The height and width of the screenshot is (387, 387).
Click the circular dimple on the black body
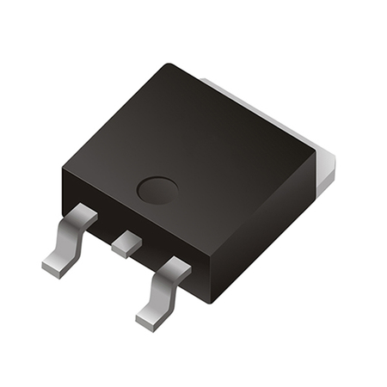pyautogui.click(x=158, y=189)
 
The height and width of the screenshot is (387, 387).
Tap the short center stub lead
pyautogui.click(x=126, y=243)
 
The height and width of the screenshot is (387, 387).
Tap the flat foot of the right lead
pyautogui.click(x=150, y=317)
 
